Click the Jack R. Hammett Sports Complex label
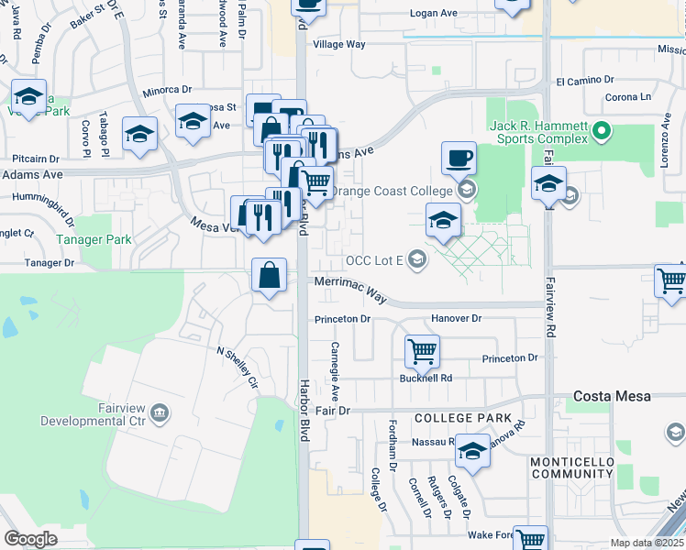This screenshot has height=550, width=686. coord(543,131)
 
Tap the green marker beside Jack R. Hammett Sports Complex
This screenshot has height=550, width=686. coord(602,131)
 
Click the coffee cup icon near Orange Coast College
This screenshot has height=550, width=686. coord(459,159)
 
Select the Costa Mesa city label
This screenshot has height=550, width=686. coord(612,396)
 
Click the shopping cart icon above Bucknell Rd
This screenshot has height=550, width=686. coord(422,349)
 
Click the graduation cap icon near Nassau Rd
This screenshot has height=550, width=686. coord(473,450)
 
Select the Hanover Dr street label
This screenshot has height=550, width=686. coord(456,318)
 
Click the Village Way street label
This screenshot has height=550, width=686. coord(339,44)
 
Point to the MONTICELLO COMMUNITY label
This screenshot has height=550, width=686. coord(572,467)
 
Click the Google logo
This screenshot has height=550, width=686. coord(30,539)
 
